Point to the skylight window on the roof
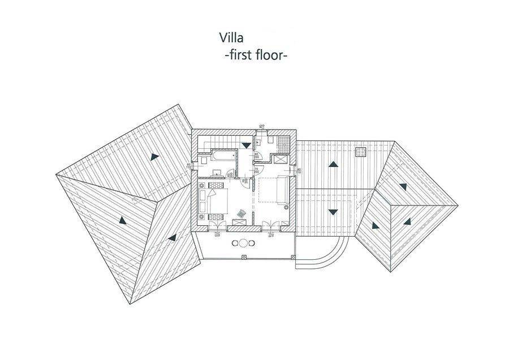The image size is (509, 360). click(360, 151)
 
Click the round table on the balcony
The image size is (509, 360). click(243, 243)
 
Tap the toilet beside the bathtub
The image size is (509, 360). click(204, 161)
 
